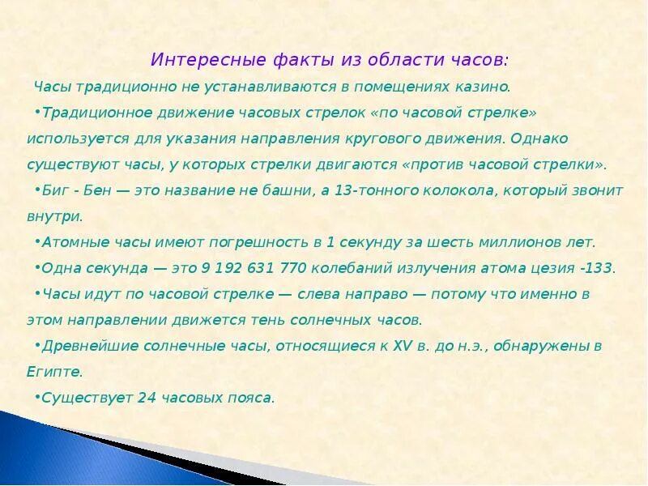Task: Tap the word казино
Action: pos(484,86)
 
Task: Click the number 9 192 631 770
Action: pos(249,268)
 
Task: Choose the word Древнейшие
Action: pos(87,346)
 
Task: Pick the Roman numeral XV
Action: pos(403,346)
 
